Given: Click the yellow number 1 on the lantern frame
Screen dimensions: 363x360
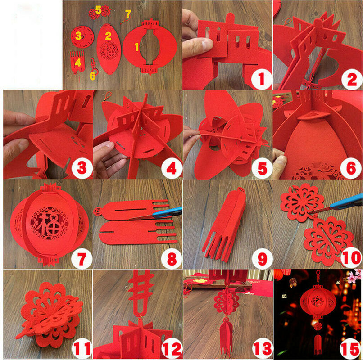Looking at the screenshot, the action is pyautogui.click(x=137, y=47).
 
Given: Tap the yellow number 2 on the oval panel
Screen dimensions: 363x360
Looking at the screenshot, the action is pyautogui.click(x=108, y=36).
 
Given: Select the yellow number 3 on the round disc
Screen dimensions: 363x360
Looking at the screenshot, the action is pyautogui.click(x=78, y=36).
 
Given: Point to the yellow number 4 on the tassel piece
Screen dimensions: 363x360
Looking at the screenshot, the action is pyautogui.click(x=78, y=63).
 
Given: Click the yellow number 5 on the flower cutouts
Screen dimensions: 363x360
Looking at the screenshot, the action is pyautogui.click(x=98, y=10).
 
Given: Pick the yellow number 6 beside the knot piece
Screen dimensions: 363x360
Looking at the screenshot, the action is pyautogui.click(x=93, y=76).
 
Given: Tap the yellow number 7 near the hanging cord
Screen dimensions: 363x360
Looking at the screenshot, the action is pyautogui.click(x=128, y=13).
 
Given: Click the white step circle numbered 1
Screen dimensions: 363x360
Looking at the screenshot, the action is pyautogui.click(x=262, y=79).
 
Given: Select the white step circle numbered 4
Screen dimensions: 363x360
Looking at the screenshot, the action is pyautogui.click(x=172, y=168).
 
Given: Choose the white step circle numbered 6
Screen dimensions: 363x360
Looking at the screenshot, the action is pyautogui.click(x=351, y=168).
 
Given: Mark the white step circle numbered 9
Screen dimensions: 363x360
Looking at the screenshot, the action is pyautogui.click(x=262, y=258).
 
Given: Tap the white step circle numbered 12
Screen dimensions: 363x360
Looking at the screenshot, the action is pyautogui.click(x=172, y=348).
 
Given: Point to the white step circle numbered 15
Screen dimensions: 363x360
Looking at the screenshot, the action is pyautogui.click(x=351, y=348).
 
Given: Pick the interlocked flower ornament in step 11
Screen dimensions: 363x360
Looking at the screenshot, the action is pyautogui.click(x=49, y=315).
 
